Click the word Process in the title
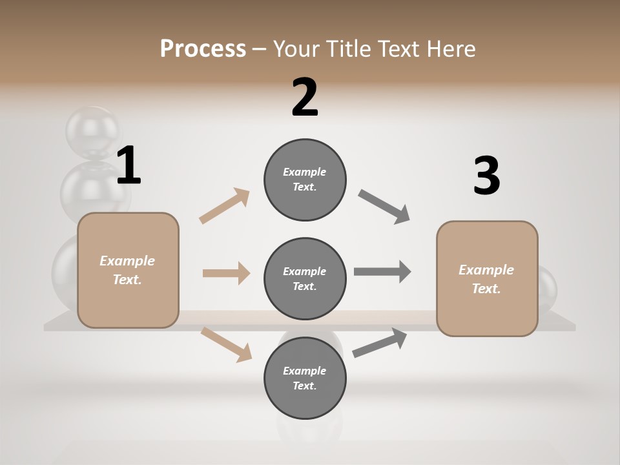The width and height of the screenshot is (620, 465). coord(203,48)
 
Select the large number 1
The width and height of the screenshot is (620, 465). coord(129,166)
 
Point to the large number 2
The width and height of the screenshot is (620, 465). coord(305,98)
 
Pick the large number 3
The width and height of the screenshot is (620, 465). coord(486,176)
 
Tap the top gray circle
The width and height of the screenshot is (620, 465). coord(305,180)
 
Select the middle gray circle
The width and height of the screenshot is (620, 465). coord(305,278)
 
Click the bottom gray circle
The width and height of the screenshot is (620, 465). coord(305,378)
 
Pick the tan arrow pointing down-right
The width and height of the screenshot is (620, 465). coord(226,344)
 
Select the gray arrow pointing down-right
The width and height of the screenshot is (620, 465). coord(384,207)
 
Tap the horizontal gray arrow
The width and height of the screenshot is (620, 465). coord(382,271)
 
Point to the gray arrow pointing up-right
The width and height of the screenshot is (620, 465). coord(380,342)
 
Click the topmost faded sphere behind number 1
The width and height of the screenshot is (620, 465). coord(93,129)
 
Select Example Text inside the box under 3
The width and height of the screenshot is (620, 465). coord(486,279)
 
